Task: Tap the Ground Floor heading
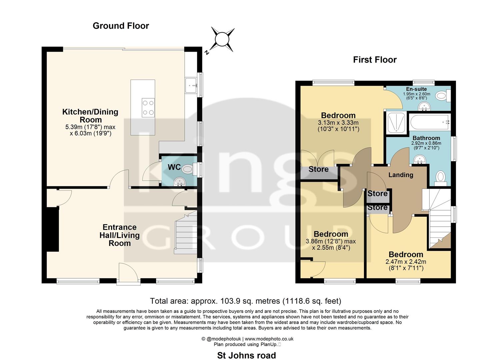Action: (121, 26)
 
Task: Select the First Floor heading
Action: (375, 60)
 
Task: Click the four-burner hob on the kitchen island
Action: (148, 108)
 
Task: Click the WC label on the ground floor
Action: (174, 167)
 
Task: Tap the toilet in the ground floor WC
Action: (188, 169)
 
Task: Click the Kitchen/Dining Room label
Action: (90, 116)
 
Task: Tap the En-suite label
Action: (416, 89)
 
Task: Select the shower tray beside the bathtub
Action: (396, 124)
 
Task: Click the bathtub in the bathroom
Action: (429, 122)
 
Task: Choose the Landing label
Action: (401, 175)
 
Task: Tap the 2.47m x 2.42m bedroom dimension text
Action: (406, 262)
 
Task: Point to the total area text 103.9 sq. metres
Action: (246, 301)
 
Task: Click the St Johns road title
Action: (246, 355)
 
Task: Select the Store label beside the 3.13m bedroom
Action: (318, 169)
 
